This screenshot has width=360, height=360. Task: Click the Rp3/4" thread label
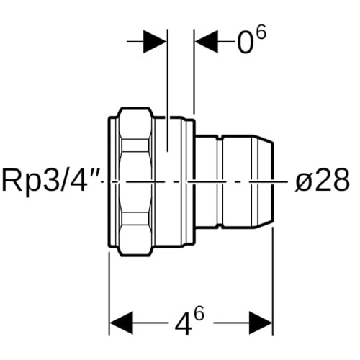50,181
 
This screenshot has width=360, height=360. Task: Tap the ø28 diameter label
322,180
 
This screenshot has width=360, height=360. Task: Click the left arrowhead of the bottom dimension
121,323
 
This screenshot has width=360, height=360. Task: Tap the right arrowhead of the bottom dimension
261,323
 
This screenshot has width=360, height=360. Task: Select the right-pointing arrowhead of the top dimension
155,42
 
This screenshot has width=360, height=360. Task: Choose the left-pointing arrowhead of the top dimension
207,42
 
